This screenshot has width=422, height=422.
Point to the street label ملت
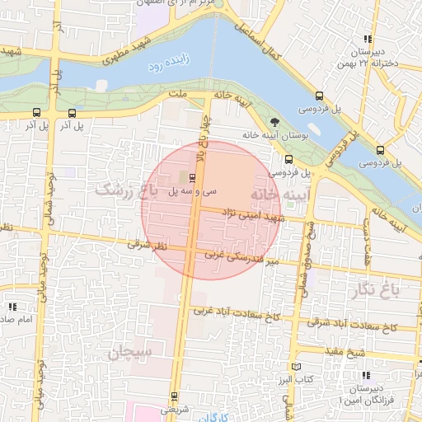[x=176, y=97]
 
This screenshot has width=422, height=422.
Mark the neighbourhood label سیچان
[x=130, y=354]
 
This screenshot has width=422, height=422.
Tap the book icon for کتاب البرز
[x=297, y=367]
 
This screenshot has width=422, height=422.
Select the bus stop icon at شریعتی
[x=173, y=396]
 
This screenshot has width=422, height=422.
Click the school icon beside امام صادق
[x=13, y=307]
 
